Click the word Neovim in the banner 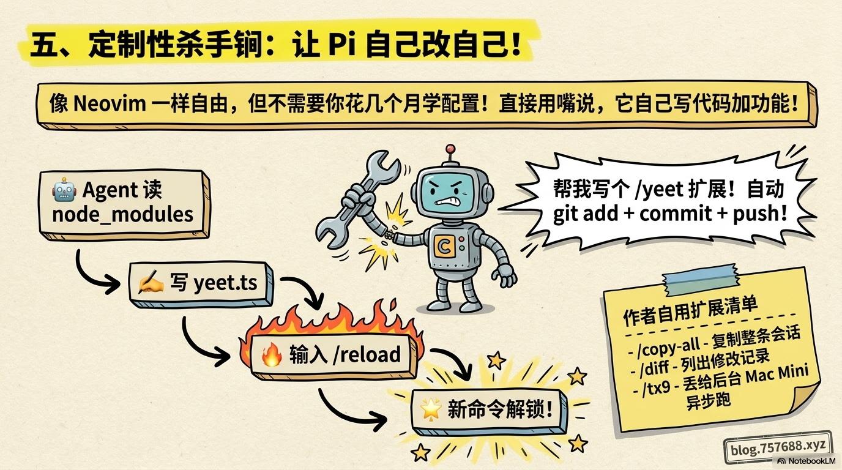point(110,103)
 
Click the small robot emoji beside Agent point(64,190)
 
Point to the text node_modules point(122,215)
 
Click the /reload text point(367,354)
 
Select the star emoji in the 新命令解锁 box point(431,409)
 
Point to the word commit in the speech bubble point(676,214)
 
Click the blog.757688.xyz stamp point(778,448)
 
